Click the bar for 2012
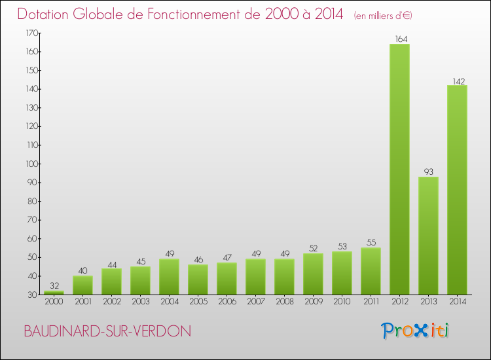399,169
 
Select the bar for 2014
457,190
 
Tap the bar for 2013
428,236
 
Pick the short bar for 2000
54,293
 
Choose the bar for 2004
169,276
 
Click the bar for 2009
313,274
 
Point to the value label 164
399,39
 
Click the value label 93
428,172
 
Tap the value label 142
458,81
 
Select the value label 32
54,286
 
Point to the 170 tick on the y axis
31,33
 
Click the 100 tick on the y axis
31,164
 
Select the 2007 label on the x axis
255,302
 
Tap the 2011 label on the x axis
371,302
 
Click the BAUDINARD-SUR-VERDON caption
107,332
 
